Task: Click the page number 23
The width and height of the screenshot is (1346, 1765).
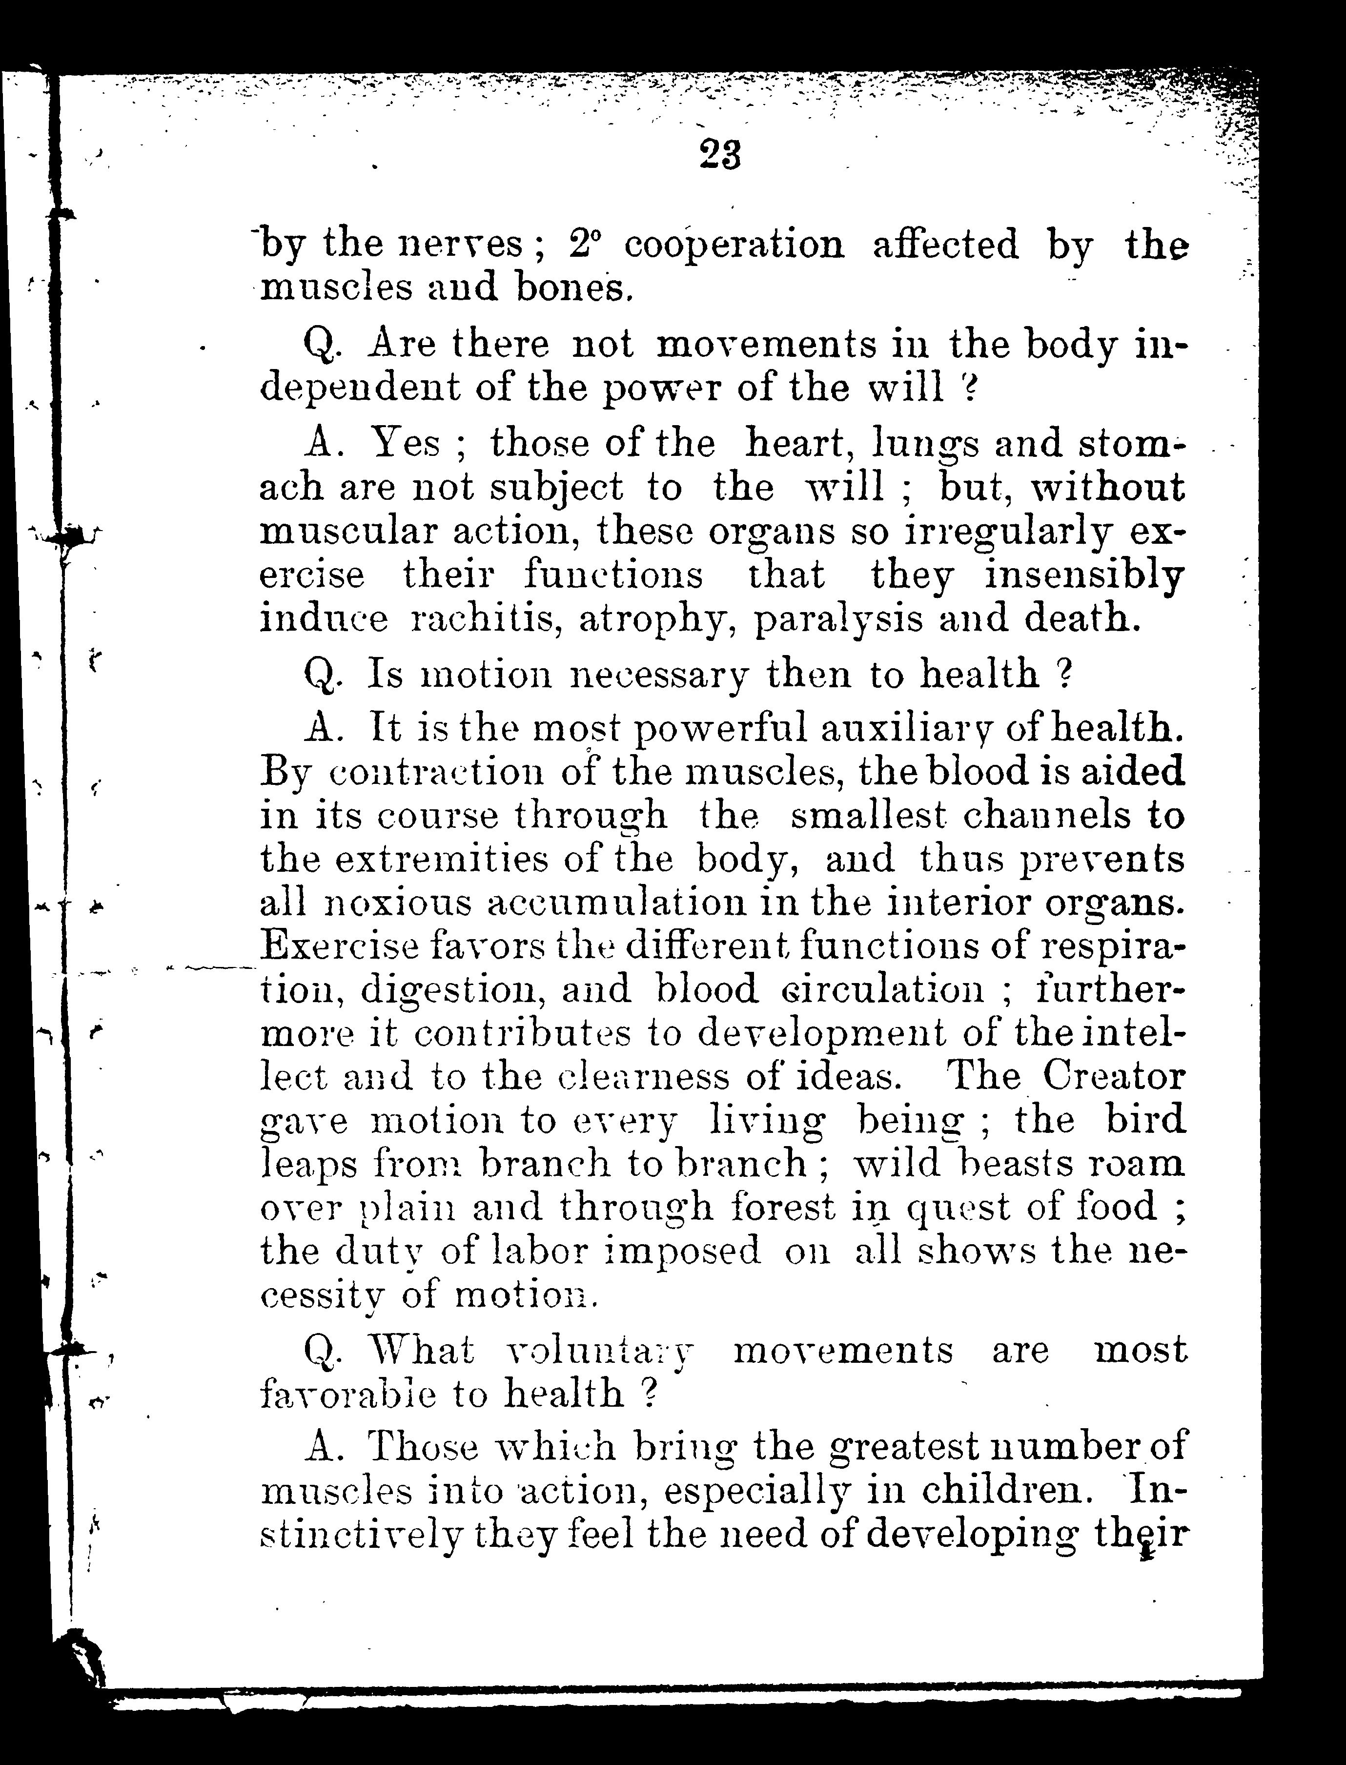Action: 719,154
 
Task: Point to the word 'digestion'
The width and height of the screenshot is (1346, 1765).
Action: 454,991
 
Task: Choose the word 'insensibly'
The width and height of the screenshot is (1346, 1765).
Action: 1084,575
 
